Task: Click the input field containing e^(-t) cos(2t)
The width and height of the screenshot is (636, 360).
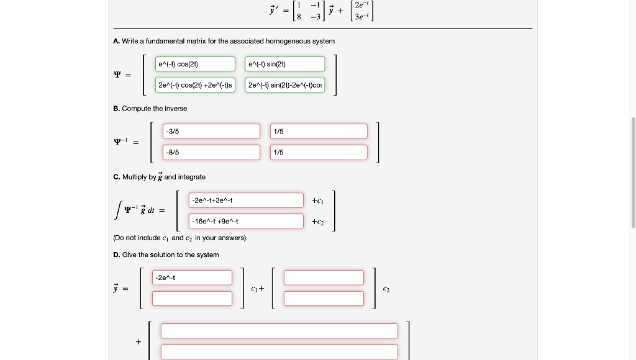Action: (x=195, y=64)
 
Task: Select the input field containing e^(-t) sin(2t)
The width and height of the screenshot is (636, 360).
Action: (x=284, y=64)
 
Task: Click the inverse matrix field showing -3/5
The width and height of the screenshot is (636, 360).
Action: (x=211, y=132)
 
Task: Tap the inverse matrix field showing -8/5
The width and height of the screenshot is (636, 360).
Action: (x=211, y=152)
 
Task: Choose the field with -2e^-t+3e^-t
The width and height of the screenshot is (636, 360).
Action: (x=246, y=200)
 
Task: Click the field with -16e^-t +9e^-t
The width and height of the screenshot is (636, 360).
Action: (x=246, y=221)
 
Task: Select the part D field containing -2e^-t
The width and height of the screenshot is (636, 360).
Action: (x=192, y=277)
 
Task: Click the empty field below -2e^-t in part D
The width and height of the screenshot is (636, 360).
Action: (x=192, y=299)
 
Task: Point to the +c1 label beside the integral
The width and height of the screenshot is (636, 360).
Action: (x=317, y=200)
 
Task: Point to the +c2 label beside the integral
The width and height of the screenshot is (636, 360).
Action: (x=317, y=222)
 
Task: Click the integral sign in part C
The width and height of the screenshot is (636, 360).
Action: (x=117, y=210)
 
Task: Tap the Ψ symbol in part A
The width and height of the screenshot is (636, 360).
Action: (x=117, y=75)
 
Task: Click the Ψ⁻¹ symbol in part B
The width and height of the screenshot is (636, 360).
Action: (x=120, y=142)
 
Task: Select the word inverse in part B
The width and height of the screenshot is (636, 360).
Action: (x=175, y=109)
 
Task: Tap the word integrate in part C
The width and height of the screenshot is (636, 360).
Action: (x=192, y=177)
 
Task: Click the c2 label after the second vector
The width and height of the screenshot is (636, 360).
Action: (x=386, y=289)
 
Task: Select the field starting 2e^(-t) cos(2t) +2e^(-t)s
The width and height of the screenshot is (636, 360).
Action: (x=195, y=85)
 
